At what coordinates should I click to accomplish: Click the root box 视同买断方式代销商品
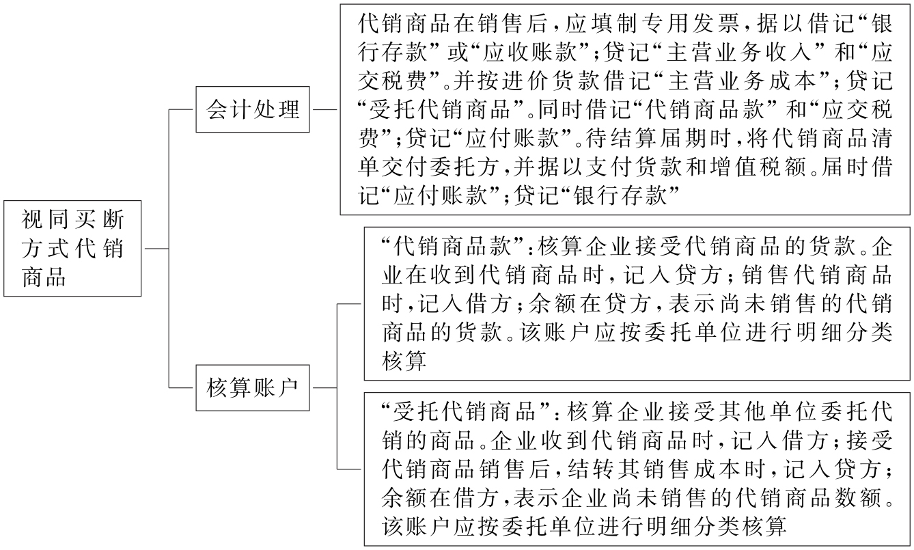(x=72, y=249)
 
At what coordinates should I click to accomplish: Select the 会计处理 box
(x=253, y=109)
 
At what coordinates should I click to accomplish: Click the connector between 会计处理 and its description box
(x=325, y=109)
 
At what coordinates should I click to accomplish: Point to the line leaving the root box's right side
(x=155, y=249)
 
